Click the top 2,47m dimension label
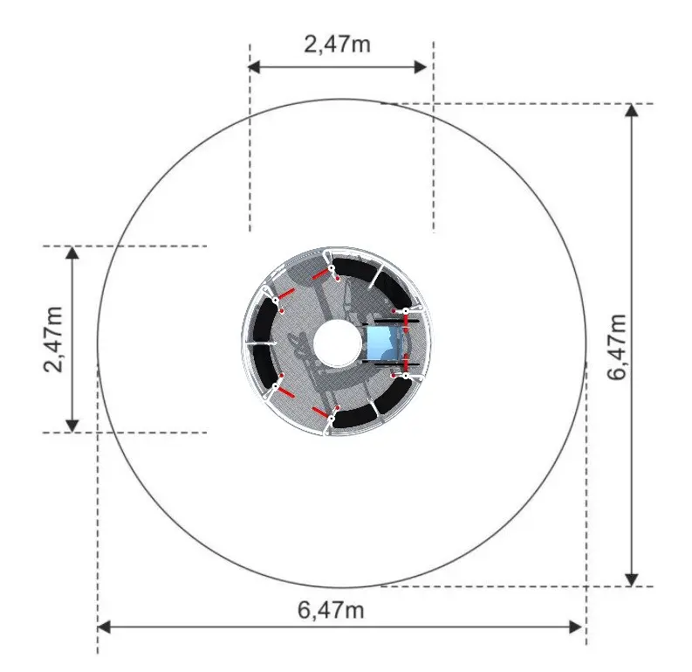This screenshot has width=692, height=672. point(337,45)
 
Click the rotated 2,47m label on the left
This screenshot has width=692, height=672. point(54,339)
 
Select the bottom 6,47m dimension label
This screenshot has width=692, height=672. point(331,611)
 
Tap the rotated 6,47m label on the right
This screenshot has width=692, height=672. point(617,347)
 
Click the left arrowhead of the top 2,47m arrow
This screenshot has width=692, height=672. point(253,67)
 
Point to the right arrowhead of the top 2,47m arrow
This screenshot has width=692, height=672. point(421,67)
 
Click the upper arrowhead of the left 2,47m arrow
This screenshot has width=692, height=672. point(72,253)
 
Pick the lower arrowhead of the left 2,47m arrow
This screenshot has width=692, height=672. point(72,426)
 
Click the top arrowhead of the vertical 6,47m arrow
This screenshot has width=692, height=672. point(632,110)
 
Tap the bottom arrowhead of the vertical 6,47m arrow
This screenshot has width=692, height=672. point(632,579)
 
